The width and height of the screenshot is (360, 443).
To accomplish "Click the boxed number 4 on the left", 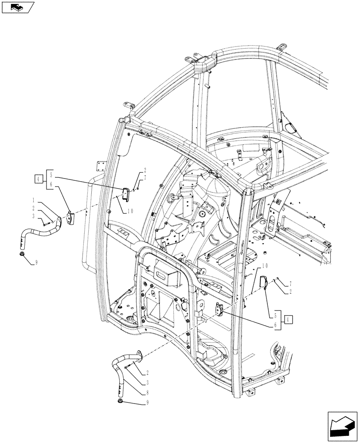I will click(39, 179).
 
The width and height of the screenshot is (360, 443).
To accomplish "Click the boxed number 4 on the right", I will click(289, 319).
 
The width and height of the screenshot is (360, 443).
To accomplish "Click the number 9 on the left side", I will click(36, 263).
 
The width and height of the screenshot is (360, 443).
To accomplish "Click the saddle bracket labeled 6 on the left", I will click(70, 217).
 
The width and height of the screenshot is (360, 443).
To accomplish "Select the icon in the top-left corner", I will click(18, 7).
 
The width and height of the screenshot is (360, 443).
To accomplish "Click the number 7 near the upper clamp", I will click(145, 178).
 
